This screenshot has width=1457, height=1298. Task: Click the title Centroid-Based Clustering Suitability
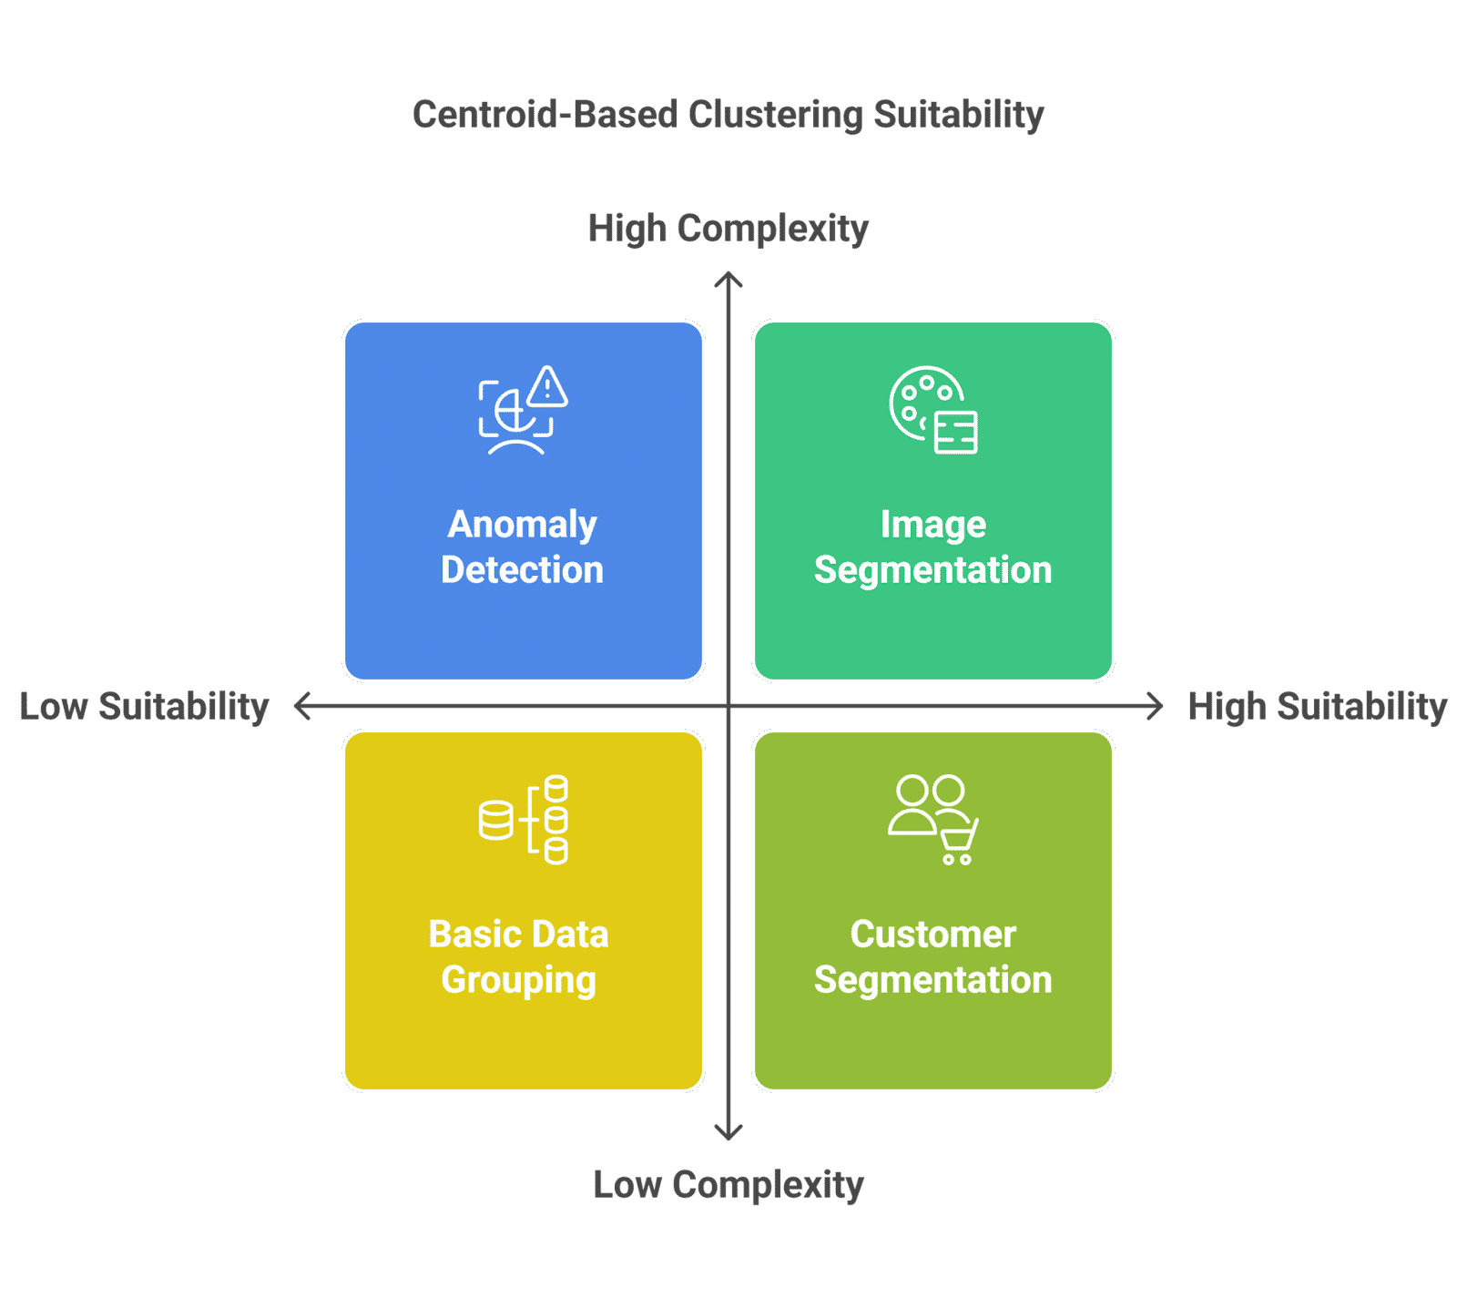click(x=728, y=115)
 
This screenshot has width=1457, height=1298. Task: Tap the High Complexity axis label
click(x=728, y=229)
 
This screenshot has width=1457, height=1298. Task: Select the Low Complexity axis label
click(x=728, y=1185)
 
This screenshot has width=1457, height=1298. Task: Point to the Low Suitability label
click(x=144, y=707)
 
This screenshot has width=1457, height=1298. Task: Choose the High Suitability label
click(x=1317, y=707)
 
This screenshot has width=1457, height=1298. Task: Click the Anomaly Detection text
click(x=523, y=547)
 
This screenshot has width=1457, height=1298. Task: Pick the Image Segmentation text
click(x=932, y=547)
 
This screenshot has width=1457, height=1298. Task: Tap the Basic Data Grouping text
click(x=519, y=956)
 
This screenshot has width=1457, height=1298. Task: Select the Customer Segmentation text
click(x=932, y=956)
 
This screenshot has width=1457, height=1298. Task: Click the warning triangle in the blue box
click(x=547, y=387)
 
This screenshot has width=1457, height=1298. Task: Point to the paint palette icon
click(x=922, y=401)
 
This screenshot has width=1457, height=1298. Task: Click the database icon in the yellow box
click(x=524, y=820)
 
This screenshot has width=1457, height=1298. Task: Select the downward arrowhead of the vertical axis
click(x=728, y=1135)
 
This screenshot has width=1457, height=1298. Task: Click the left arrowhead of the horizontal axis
click(x=300, y=706)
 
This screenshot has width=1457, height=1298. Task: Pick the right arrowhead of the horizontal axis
click(x=1157, y=706)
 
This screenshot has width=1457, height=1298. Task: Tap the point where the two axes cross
click(x=728, y=706)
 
